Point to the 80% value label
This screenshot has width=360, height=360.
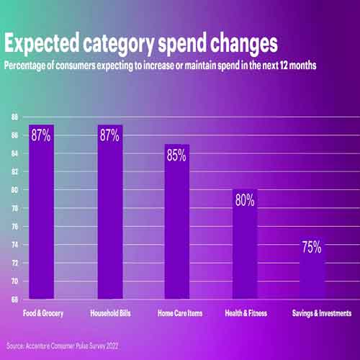(245, 200)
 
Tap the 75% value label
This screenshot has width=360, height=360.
(312, 247)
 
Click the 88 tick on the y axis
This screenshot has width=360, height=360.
(14, 117)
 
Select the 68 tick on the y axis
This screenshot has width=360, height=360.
(14, 299)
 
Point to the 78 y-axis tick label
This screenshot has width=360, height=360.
(14, 208)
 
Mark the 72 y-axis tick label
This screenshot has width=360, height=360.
(14, 263)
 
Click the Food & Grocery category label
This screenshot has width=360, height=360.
(41, 314)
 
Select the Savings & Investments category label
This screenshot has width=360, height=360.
(321, 314)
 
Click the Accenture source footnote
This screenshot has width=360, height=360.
(63, 345)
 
